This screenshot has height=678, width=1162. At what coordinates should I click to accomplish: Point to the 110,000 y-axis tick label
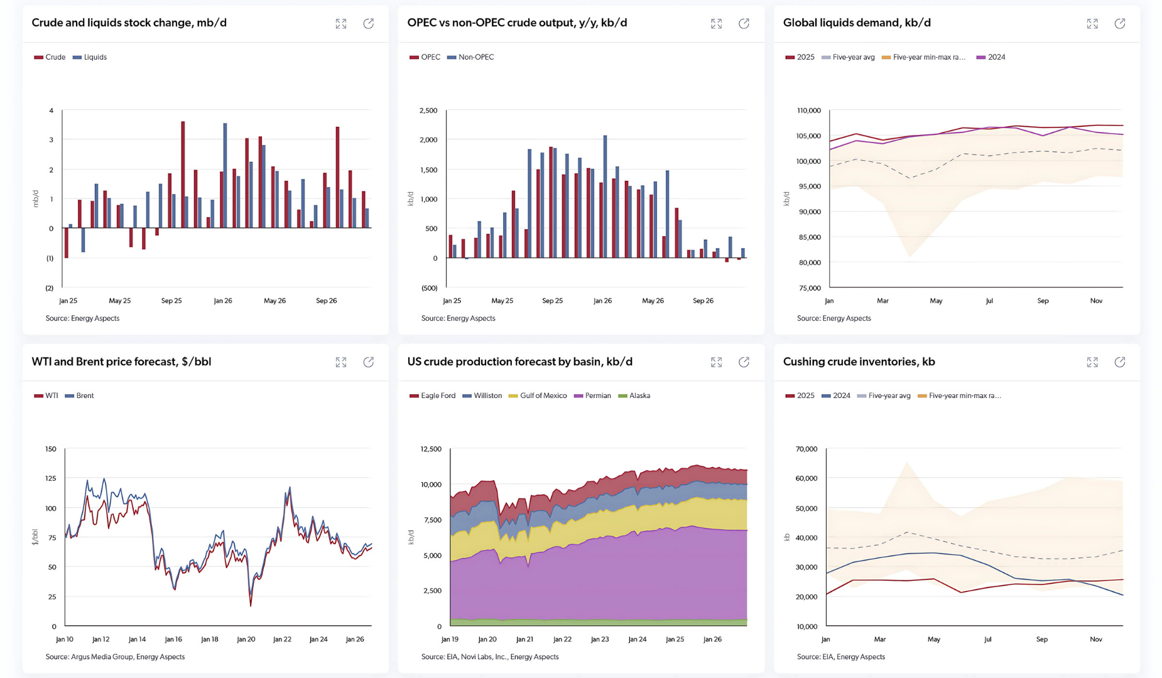[809, 110]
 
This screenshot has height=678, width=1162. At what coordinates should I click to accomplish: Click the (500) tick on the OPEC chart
[429, 288]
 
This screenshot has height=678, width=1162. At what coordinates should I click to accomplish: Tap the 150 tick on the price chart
[51, 449]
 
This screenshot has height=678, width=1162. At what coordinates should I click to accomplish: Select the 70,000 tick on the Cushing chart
[806, 449]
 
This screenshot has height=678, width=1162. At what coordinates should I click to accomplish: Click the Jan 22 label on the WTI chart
[282, 639]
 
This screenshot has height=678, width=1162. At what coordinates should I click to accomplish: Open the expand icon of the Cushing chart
[1092, 362]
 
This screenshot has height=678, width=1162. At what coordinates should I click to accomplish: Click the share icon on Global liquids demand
[1120, 24]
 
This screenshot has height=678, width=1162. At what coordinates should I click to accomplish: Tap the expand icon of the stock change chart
[341, 24]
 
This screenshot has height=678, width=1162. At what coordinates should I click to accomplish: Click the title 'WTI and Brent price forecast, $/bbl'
[121, 362]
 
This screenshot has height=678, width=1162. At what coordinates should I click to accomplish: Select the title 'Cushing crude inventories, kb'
[859, 362]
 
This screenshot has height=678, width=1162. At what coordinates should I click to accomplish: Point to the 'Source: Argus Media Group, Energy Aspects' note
[115, 657]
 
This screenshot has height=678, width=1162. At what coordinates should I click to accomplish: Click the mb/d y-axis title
[36, 198]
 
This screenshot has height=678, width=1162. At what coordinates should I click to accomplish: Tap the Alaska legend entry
[639, 395]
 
